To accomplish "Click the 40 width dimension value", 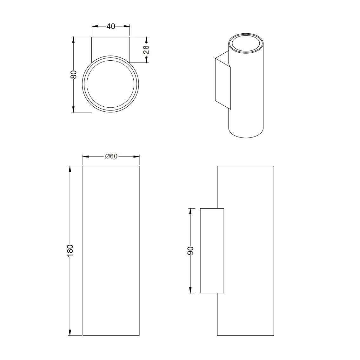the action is click(x=111, y=26).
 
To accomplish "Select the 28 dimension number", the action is click(x=146, y=50).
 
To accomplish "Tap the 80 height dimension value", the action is click(x=73, y=74).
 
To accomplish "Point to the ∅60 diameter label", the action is click(x=111, y=157).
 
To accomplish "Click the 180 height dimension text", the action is click(x=70, y=250).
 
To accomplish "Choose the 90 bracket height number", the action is click(x=190, y=250).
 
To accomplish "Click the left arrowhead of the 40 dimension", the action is click(x=95, y=26).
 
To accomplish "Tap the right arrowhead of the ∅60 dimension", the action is click(x=137, y=157).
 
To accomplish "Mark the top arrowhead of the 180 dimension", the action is click(x=70, y=169).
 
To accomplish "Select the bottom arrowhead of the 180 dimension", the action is click(x=70, y=332).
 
